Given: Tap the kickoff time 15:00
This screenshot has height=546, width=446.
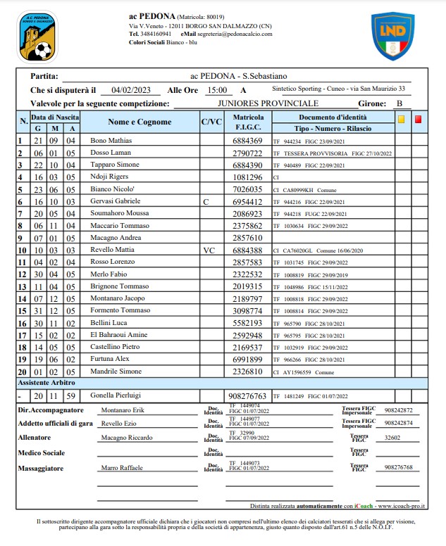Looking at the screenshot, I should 216,90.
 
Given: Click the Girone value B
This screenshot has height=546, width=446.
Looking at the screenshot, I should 399,103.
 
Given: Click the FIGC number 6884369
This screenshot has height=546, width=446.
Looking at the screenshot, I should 247,141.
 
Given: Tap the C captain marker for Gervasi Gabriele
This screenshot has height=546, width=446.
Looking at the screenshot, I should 206,201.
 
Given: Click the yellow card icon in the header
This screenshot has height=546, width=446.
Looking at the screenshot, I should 400,120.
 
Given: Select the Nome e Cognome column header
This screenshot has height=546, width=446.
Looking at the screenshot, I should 140,122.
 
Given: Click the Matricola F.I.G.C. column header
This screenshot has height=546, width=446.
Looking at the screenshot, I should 248,122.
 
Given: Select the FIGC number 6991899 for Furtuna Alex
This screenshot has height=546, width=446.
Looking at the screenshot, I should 247,359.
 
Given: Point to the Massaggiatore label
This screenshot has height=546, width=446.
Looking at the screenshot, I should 44,467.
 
